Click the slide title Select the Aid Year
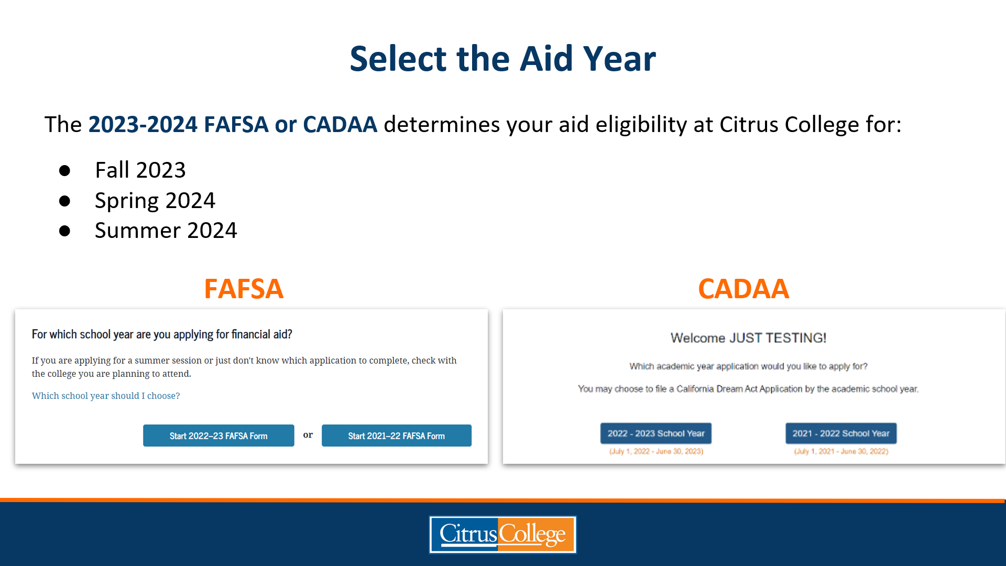502,58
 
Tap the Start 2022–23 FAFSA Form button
218,436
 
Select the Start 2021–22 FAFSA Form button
397,436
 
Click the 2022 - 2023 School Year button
656,433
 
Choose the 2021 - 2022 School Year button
841,433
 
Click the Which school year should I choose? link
106,396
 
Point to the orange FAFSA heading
244,289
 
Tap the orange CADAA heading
743,289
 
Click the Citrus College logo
502,535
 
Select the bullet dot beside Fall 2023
64,170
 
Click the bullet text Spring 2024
155,201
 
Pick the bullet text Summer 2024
166,231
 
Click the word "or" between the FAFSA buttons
308,435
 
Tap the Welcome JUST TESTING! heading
748,338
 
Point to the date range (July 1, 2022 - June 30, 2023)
656,451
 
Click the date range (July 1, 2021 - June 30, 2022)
841,451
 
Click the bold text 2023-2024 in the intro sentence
143,125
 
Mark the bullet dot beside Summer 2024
64,231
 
